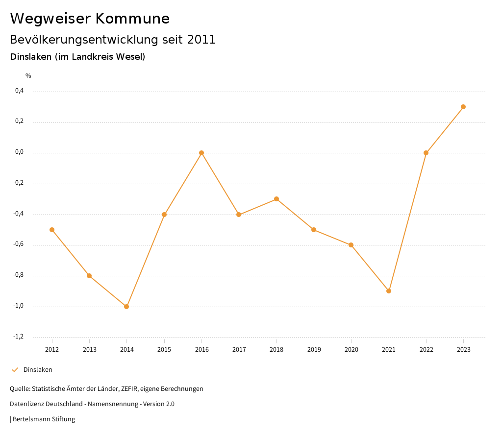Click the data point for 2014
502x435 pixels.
pos(126,307)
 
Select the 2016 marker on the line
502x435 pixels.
pos(201,153)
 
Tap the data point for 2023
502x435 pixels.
pos(463,107)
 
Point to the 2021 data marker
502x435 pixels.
pos(389,291)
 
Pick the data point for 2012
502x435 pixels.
pos(52,230)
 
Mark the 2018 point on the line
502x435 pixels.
pos(276,199)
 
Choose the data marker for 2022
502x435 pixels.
pos(426,153)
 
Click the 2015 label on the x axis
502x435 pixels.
pos(164,349)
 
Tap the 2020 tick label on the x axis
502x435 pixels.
pos(351,349)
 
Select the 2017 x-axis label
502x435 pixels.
pos(239,349)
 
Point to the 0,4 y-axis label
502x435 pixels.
pos(19,91)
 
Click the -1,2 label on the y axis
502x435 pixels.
pos(18,337)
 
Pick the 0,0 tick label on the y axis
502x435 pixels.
pos(19,152)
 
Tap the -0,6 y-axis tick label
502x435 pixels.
pos(18,244)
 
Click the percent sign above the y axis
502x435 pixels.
pos(28,76)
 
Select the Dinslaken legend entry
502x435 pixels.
pos(38,370)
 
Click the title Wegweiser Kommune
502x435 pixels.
pos(90,19)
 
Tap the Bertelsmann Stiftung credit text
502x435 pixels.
pos(44,419)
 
